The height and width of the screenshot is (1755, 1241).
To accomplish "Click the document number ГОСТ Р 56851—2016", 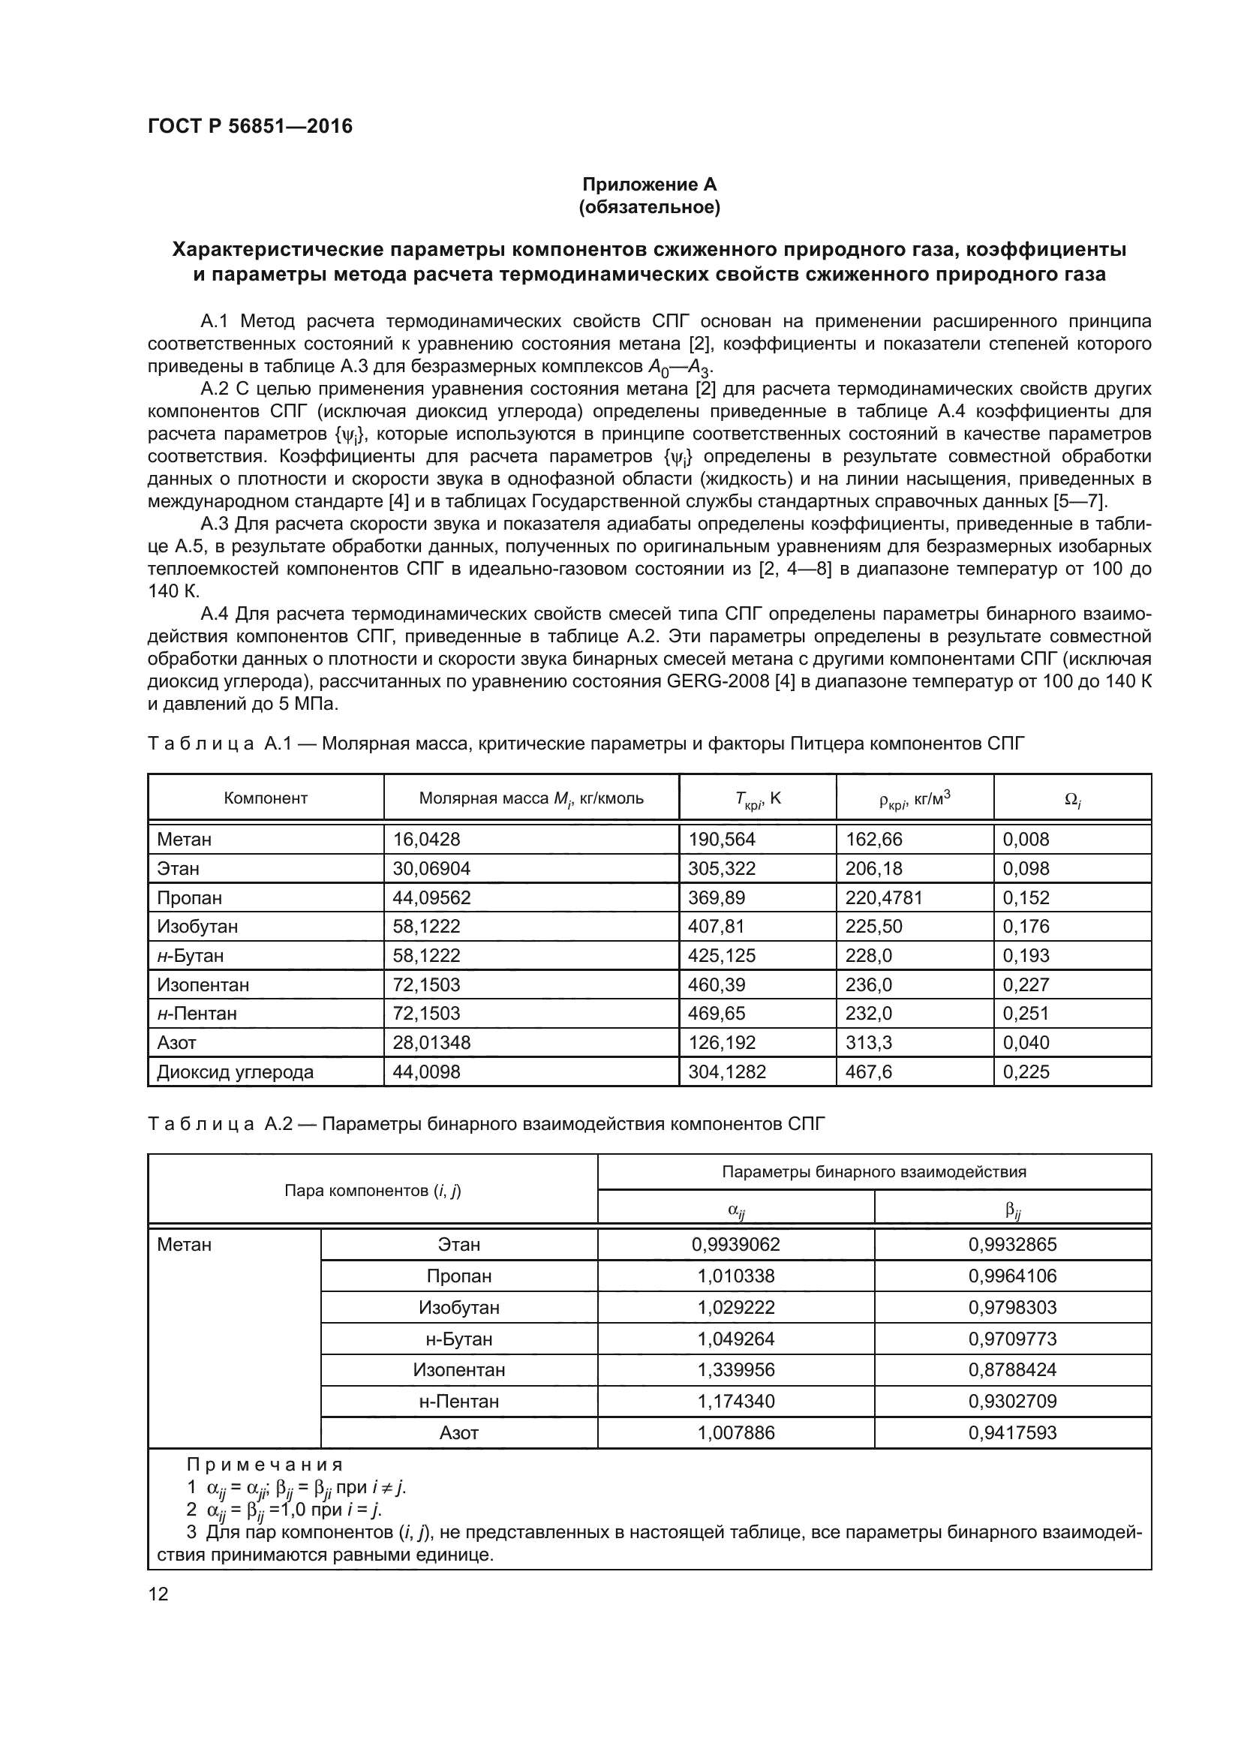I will click(250, 126).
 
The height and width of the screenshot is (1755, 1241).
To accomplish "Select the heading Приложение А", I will click(650, 185).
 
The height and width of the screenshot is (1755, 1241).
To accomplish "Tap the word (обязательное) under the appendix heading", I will click(650, 207).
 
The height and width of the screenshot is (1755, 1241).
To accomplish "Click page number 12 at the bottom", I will click(158, 1594).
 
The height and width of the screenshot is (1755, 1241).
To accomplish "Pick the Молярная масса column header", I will click(531, 799).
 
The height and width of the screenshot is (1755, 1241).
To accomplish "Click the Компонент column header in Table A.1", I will click(265, 799).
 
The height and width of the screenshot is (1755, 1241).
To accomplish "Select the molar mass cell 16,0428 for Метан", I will click(426, 840).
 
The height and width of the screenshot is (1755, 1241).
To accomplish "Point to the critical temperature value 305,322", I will click(721, 868).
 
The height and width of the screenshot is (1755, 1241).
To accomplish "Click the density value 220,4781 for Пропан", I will click(883, 897).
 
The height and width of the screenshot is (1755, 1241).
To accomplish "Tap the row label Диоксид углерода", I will click(236, 1071).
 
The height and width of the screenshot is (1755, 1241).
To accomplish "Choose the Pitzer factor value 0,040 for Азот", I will click(1026, 1043).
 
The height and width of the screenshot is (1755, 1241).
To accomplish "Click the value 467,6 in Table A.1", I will click(868, 1071).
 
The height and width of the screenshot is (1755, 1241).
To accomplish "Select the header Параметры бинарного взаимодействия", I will click(874, 1172).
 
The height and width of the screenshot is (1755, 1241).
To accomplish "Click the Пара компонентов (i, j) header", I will click(372, 1190).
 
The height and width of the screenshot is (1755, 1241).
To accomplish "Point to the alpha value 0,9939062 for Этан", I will click(736, 1244).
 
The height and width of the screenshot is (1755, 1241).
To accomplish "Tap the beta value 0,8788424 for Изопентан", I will click(1012, 1370).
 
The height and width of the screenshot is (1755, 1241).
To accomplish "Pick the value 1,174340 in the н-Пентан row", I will click(736, 1401).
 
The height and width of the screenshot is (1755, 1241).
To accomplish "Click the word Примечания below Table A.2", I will click(265, 1465).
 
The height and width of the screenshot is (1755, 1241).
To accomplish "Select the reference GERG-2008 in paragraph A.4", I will click(717, 681).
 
